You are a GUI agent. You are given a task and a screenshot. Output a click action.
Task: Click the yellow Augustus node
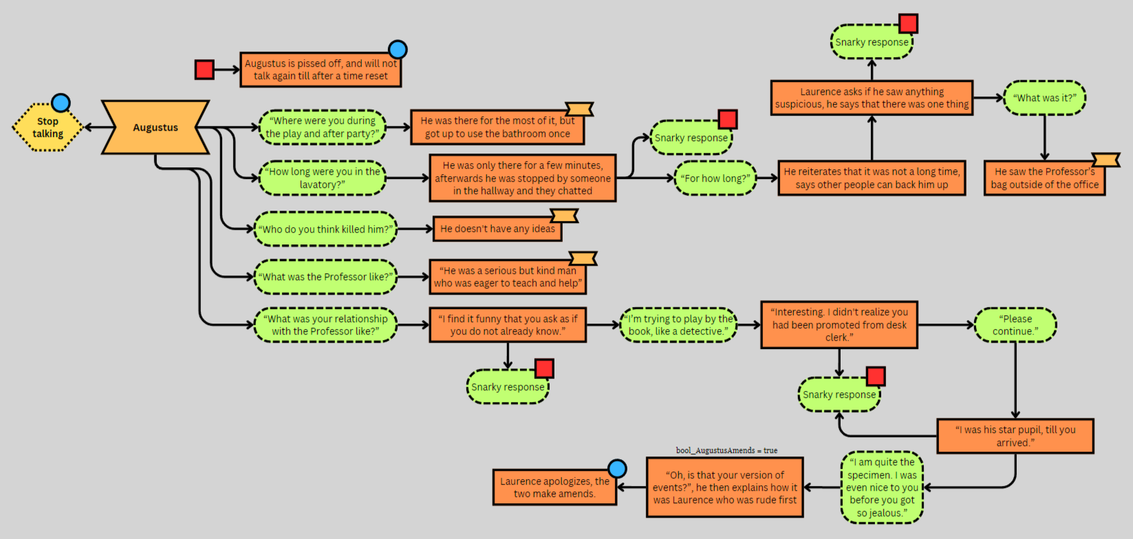(155, 127)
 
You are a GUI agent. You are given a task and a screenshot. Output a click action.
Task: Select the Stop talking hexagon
(47, 127)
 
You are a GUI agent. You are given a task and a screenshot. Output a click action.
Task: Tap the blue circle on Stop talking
(61, 103)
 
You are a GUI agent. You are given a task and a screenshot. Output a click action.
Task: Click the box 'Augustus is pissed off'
(321, 70)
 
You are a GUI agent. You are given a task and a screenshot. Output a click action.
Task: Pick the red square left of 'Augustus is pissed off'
(204, 70)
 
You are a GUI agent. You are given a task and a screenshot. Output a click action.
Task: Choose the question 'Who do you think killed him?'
(325, 229)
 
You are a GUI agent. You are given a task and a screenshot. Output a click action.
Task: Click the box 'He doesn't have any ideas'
(497, 229)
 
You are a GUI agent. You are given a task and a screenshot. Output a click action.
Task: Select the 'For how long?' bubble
(715, 178)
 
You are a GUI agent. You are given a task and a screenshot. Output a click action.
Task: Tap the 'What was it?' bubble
(1044, 98)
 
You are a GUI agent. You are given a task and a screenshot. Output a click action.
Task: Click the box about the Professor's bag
(1044, 178)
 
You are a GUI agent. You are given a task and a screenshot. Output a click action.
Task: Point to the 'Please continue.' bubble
(1015, 325)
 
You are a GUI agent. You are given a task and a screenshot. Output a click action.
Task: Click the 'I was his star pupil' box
(1015, 436)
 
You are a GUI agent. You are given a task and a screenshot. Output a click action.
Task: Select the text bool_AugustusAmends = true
(726, 450)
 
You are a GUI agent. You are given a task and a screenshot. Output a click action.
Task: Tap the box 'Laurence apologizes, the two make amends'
(554, 487)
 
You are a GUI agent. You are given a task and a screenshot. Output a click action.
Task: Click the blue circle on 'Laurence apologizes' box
(617, 469)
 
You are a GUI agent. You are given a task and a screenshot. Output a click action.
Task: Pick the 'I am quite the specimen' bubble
(882, 487)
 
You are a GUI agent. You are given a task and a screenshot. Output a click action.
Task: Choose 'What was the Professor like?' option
(325, 277)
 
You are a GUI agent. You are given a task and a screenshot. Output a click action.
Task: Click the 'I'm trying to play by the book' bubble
(678, 325)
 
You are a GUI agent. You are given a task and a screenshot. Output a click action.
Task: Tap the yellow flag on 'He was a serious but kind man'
(583, 259)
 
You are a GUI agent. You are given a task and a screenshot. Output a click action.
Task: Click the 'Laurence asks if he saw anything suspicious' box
(872, 98)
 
